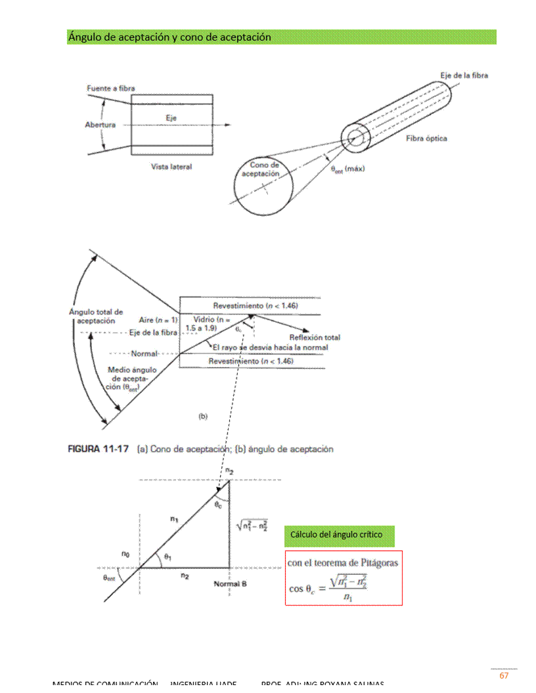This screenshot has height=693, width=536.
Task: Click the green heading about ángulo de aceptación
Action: (x=169, y=37)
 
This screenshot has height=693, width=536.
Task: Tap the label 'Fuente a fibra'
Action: (x=111, y=89)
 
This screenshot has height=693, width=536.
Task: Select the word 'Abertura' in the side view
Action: (x=100, y=125)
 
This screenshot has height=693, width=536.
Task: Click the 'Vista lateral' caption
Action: (x=171, y=167)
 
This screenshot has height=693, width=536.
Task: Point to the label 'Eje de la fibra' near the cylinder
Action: (x=464, y=75)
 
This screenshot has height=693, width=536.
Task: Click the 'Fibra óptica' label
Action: (x=426, y=138)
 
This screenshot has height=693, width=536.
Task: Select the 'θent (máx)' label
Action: (x=348, y=169)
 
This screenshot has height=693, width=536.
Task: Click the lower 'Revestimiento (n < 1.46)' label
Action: (x=251, y=362)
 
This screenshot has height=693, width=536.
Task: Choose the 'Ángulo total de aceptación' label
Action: (x=96, y=316)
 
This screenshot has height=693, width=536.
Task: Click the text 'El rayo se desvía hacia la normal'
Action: (x=270, y=347)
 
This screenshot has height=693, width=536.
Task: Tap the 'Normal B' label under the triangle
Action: (x=230, y=583)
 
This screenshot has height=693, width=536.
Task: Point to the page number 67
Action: (x=504, y=676)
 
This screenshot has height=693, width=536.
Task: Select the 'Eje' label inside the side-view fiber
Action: (x=171, y=117)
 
